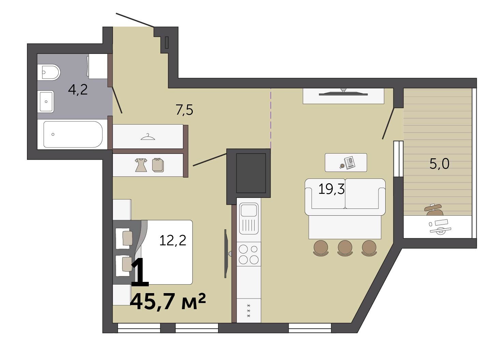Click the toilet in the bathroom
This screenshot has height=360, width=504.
pyautogui.click(x=49, y=72)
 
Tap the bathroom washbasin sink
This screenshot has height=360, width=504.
pyautogui.click(x=46, y=101)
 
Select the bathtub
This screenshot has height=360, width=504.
pyautogui.click(x=73, y=134)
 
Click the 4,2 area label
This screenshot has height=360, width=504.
pyautogui.click(x=77, y=90)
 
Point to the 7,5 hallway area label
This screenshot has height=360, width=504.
pyautogui.click(x=184, y=110)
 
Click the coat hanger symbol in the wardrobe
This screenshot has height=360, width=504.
pyautogui.click(x=148, y=137)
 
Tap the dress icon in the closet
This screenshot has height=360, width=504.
pyautogui.click(x=141, y=165)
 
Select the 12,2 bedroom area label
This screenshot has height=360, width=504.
pyautogui.click(x=173, y=240)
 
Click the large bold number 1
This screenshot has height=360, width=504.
pyautogui.click(x=140, y=273)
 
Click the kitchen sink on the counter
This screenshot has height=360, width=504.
pyautogui.click(x=249, y=219)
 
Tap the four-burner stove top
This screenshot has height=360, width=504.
pyautogui.click(x=249, y=255)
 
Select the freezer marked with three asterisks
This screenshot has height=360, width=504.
pyautogui.click(x=249, y=311)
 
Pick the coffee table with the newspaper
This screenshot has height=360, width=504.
pyautogui.click(x=346, y=162)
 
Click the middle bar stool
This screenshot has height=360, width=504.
pyautogui.click(x=345, y=248)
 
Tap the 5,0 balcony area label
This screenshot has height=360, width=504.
pyautogui.click(x=439, y=163)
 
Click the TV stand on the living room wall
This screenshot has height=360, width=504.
pyautogui.click(x=343, y=96)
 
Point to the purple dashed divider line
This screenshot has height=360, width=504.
pyautogui.click(x=271, y=118)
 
